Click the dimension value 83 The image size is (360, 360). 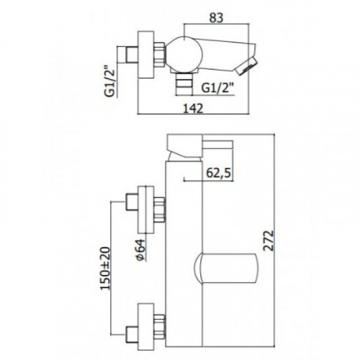216,18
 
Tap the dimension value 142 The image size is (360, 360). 193,109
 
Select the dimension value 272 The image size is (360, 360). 269,240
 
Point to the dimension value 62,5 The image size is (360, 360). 218,173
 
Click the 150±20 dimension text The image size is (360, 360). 105,269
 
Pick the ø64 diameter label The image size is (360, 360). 140,250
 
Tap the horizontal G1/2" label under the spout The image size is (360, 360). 217,88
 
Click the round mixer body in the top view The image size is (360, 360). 183,54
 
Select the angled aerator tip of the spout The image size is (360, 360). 247,66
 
